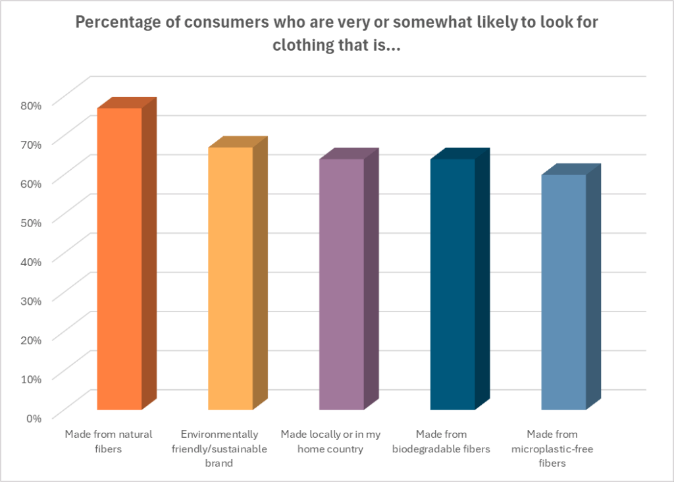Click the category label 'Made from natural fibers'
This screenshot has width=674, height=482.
tap(109, 442)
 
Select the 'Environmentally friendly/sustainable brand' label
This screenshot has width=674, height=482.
tap(224, 449)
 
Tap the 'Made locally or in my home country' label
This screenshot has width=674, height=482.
tap(330, 442)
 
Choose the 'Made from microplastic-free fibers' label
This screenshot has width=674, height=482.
tap(553, 449)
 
